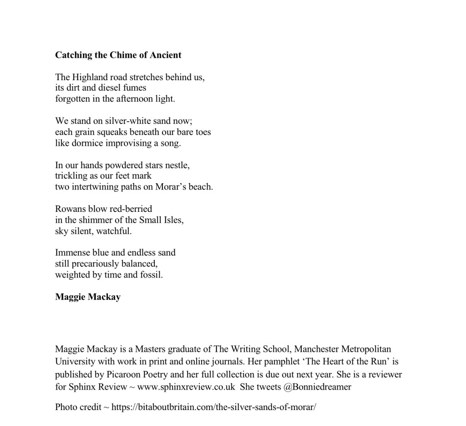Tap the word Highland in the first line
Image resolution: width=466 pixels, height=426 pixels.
click(89, 77)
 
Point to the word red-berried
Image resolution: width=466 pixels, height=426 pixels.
click(131, 209)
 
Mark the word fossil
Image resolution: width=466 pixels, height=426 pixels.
click(151, 275)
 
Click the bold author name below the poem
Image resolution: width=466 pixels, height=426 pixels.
click(88, 297)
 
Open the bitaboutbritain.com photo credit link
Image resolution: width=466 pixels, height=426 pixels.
click(213, 407)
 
